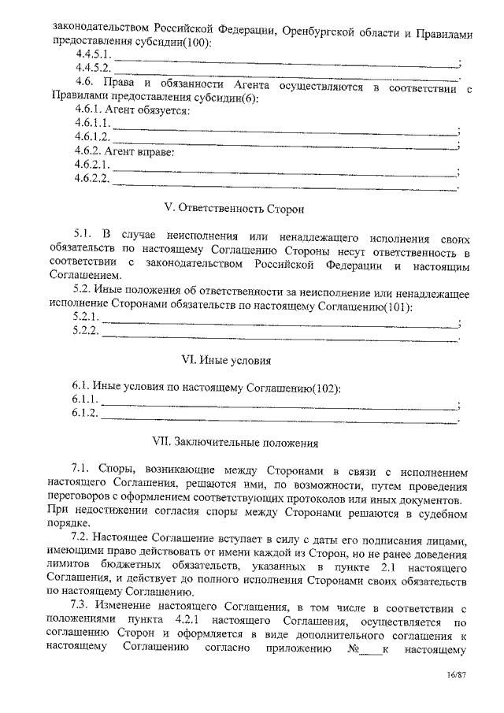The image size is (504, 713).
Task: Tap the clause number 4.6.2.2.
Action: [x=91, y=179]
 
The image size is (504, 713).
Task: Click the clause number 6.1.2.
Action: [x=85, y=413]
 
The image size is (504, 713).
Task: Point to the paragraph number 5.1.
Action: [x=84, y=235]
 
